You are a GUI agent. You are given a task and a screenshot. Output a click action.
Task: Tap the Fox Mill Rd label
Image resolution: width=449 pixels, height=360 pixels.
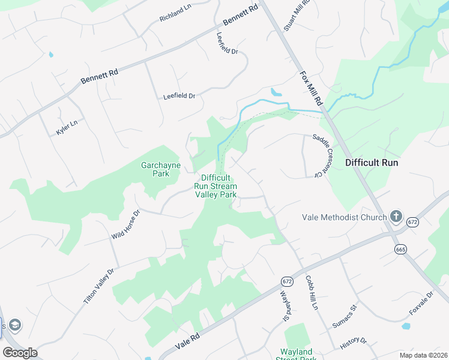[312, 88]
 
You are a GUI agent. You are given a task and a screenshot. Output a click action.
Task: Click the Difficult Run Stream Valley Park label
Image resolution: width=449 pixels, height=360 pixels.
[215, 186]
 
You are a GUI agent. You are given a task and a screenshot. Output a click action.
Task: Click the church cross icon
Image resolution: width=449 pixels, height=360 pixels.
[396, 216]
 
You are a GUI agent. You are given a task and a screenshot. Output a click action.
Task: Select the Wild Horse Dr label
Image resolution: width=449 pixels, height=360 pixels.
[125, 224]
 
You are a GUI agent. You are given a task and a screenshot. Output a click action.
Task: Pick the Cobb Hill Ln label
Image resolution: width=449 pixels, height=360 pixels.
[310, 292]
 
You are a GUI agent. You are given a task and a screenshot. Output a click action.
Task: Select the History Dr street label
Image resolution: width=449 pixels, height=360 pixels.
[353, 344]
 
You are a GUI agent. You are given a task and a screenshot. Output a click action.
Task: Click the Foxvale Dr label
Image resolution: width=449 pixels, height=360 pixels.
[421, 304]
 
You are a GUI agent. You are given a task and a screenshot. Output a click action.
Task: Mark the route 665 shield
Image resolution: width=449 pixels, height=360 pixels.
[401, 248]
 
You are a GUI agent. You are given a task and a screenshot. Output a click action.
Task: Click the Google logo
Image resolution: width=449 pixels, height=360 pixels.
[20, 353]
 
